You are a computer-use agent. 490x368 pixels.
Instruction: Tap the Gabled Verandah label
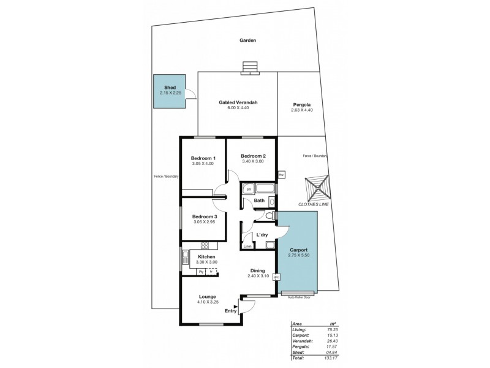click(x=238, y=102)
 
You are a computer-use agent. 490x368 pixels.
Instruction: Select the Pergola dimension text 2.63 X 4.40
click(x=303, y=110)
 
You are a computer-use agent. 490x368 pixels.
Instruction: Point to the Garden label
click(x=247, y=40)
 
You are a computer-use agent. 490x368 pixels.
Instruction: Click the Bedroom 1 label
click(x=203, y=158)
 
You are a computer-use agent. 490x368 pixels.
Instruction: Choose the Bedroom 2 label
click(x=253, y=156)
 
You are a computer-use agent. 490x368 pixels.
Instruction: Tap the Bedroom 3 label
click(x=205, y=217)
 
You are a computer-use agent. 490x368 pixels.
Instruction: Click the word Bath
click(x=259, y=201)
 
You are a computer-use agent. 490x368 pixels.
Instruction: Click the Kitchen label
click(x=206, y=256)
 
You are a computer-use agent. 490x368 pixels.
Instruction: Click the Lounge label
click(x=206, y=296)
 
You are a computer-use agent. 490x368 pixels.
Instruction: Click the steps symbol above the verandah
click(x=250, y=67)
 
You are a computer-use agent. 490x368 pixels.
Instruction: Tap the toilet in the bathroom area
click(x=269, y=216)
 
